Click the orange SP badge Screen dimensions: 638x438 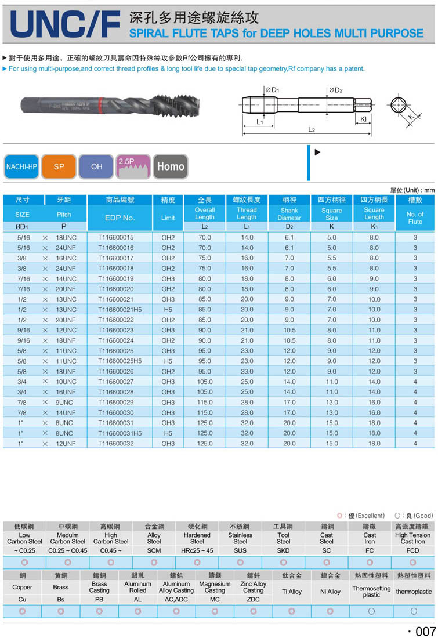point(59,166)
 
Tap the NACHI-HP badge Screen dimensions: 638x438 point(21,166)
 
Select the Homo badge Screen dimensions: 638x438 point(171,166)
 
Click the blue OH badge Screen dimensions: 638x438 point(96,166)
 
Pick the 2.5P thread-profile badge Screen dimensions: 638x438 point(133,166)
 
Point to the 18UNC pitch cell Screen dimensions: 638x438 point(66,238)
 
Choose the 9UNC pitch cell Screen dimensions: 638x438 point(66,403)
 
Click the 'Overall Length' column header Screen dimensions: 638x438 point(205,213)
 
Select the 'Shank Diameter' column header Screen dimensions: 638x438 point(289,214)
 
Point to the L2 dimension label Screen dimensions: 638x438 point(311,130)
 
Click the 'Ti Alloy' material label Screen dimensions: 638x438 point(292,592)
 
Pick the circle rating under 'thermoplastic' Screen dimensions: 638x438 point(414,611)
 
